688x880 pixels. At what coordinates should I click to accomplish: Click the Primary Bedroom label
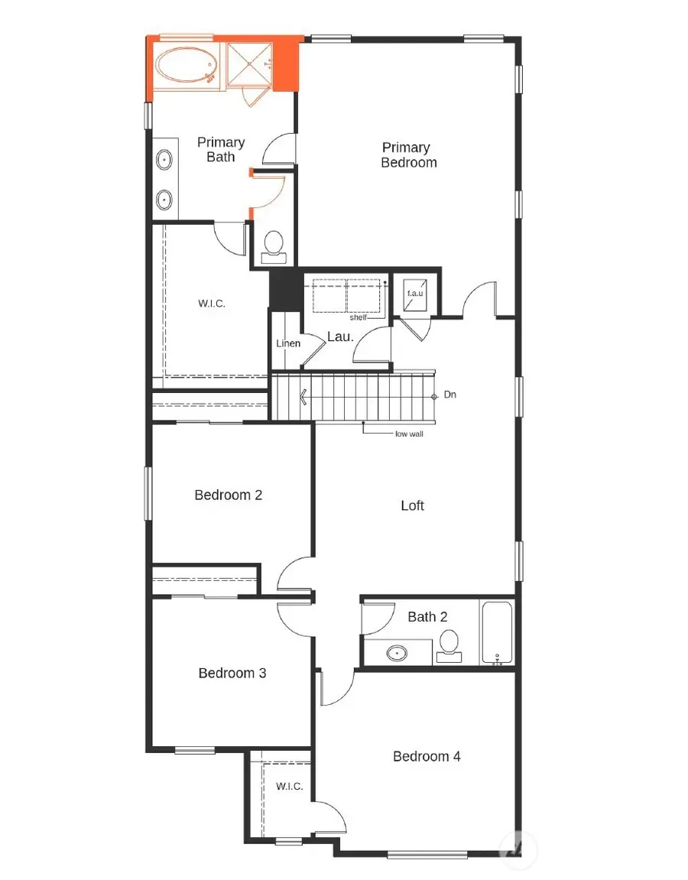pyautogui.click(x=409, y=154)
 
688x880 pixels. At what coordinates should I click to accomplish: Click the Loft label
pyautogui.click(x=412, y=505)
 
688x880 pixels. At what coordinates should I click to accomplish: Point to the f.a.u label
pyautogui.click(x=414, y=293)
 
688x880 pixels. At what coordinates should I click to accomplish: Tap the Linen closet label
pyautogui.click(x=288, y=343)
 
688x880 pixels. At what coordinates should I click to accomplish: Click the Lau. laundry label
pyautogui.click(x=339, y=336)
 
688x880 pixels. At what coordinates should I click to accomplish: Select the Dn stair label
pyautogui.click(x=450, y=395)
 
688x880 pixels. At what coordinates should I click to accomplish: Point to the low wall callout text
pyautogui.click(x=409, y=434)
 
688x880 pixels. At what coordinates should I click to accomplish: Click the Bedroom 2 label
pyautogui.click(x=228, y=495)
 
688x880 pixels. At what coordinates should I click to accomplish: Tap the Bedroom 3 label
pyautogui.click(x=232, y=673)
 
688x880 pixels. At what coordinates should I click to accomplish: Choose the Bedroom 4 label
pyautogui.click(x=427, y=756)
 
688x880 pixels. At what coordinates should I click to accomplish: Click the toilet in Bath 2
pyautogui.click(x=449, y=644)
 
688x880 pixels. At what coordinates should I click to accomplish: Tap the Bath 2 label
pyautogui.click(x=427, y=616)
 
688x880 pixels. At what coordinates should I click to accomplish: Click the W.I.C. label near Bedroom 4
pyautogui.click(x=290, y=786)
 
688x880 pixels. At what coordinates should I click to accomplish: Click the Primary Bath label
pyautogui.click(x=221, y=149)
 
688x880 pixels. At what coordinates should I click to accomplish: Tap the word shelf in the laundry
pyautogui.click(x=358, y=317)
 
